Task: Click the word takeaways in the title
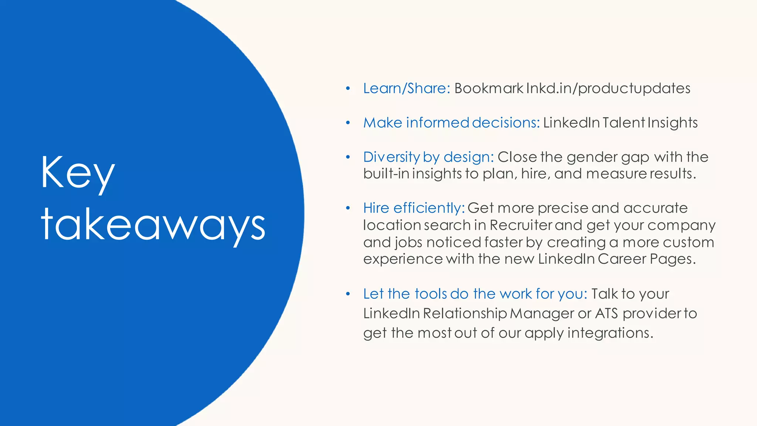[x=153, y=225]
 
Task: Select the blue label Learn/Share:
[x=406, y=88]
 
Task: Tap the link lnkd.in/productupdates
[x=608, y=88]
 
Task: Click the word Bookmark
[x=489, y=88]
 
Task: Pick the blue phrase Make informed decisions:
[x=451, y=123]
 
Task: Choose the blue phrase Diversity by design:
[x=428, y=157]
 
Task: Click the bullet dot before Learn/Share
[x=347, y=88]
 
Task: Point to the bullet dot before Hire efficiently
[x=347, y=208]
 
